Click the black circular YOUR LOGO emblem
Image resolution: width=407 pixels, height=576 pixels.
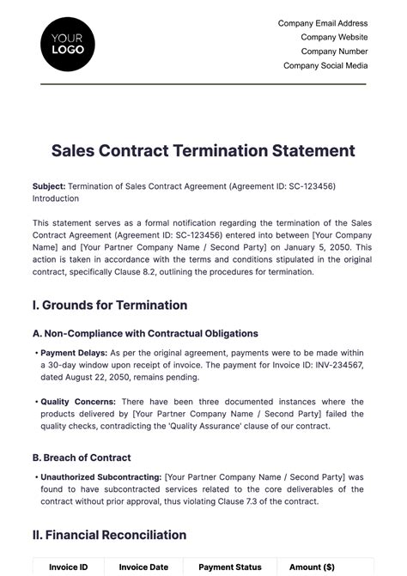click(68, 43)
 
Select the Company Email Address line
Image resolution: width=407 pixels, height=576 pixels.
click(323, 23)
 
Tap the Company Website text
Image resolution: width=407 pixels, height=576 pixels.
click(334, 38)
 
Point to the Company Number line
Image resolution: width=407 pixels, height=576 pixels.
click(334, 52)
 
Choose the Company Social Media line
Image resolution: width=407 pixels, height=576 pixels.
click(325, 65)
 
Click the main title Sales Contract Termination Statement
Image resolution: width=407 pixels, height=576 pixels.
click(203, 151)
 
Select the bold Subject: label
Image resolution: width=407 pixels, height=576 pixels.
click(48, 185)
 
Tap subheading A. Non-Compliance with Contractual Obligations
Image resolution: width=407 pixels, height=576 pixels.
click(145, 333)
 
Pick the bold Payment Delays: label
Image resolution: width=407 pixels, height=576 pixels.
click(72, 353)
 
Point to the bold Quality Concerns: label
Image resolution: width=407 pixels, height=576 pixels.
click(76, 402)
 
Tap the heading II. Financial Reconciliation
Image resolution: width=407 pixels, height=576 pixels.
click(109, 535)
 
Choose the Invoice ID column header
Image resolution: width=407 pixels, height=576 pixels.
click(68, 567)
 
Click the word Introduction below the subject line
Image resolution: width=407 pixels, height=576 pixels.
click(56, 197)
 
